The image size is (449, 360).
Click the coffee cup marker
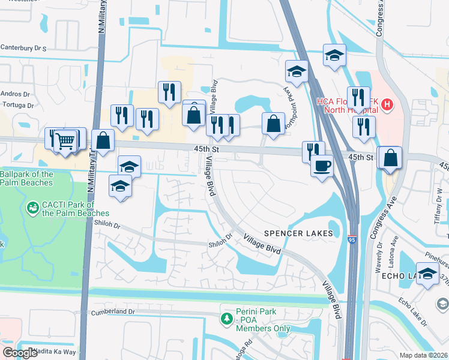(322, 164)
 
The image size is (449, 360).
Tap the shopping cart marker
(65, 141)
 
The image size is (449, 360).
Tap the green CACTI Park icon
(33, 208)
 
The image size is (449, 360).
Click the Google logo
(19, 353)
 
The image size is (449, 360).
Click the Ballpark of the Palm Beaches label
(26, 178)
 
